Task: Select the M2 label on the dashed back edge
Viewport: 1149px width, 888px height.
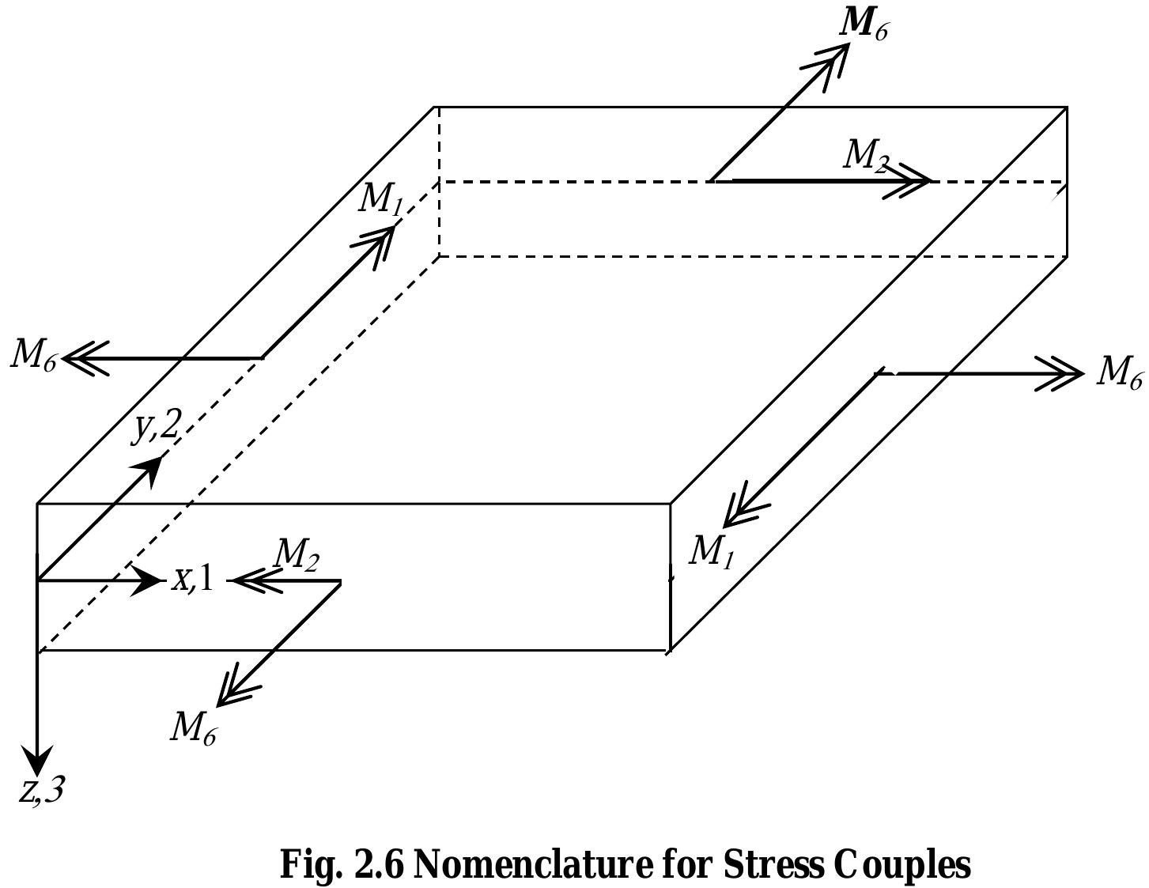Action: [864, 155]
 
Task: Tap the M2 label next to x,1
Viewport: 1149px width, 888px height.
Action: [296, 556]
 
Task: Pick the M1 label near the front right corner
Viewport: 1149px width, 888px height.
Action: [711, 552]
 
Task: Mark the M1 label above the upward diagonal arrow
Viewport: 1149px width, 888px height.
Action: [380, 198]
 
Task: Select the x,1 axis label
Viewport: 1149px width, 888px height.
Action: [193, 580]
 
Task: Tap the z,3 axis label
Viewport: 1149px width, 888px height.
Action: [41, 790]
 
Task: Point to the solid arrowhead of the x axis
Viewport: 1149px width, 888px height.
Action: [146, 580]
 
